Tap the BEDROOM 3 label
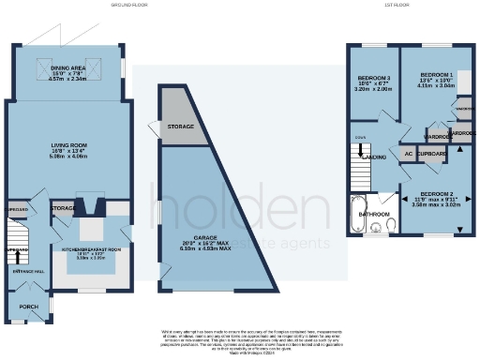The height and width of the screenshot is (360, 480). tap(368, 80)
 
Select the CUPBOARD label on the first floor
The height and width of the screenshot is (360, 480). tap(432, 153)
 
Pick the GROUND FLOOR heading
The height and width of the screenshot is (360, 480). tap(128, 5)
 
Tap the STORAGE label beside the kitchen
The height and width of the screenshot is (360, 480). tap(64, 207)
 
